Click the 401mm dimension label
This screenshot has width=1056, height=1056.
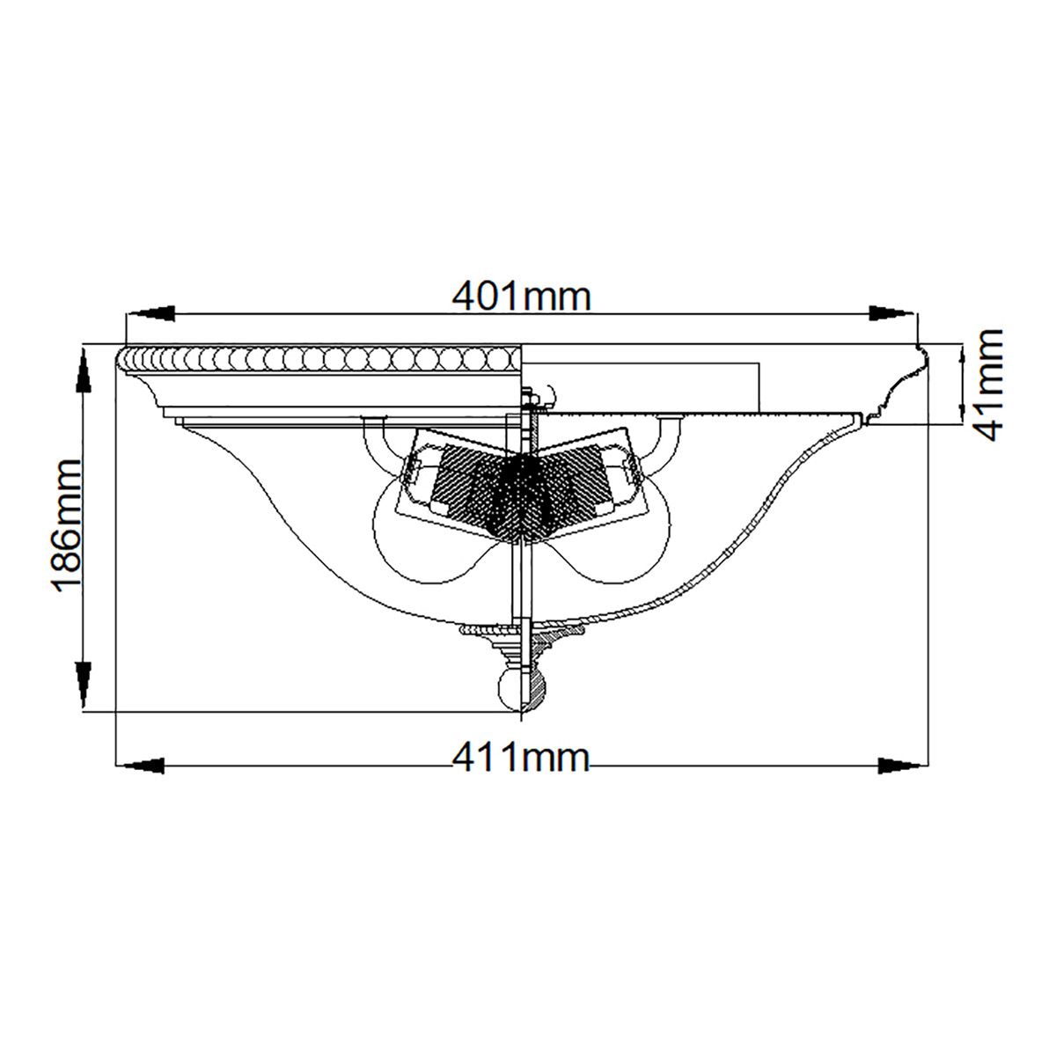521,297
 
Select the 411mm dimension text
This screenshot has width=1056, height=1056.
520,757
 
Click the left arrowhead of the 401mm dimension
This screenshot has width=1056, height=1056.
151,313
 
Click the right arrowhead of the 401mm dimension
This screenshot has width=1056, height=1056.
891,313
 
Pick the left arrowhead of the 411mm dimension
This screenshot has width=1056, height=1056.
141,763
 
